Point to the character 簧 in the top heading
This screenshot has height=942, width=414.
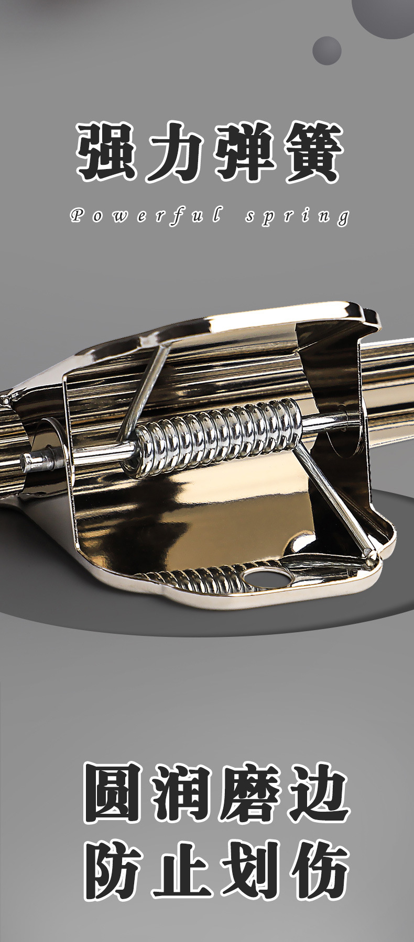[311, 152]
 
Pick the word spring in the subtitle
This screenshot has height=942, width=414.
[297, 216]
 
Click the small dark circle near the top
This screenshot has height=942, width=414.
[327, 51]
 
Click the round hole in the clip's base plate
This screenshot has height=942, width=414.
[267, 577]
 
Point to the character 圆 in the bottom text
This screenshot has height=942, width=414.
[114, 792]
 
